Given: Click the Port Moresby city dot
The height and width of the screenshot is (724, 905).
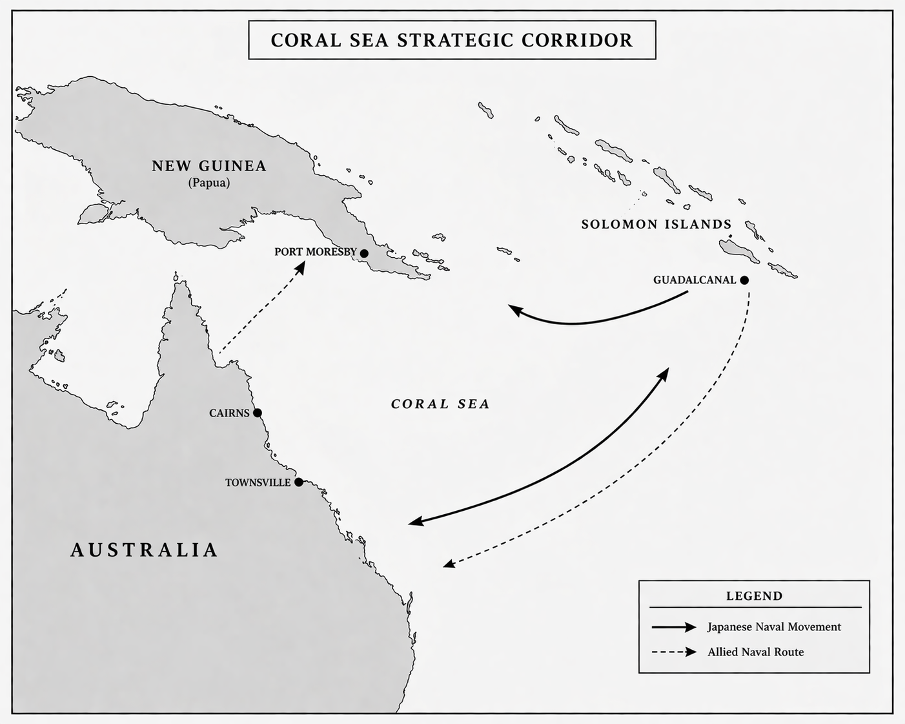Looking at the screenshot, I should [x=364, y=253].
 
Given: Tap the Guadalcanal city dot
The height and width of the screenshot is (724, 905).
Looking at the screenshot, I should [x=744, y=280].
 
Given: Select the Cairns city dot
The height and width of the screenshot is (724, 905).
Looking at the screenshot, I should [x=257, y=413].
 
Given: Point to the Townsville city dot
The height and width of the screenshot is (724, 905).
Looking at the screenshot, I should [x=298, y=482].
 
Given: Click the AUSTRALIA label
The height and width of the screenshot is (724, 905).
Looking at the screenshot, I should [x=144, y=550].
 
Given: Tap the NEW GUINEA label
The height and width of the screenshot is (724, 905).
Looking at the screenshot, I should [x=209, y=166].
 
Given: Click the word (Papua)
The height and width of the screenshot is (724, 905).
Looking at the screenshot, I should [x=209, y=183].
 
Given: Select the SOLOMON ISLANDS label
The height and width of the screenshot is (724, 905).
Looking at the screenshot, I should [x=656, y=224].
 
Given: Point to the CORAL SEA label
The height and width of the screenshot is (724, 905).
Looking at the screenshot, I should [x=440, y=404].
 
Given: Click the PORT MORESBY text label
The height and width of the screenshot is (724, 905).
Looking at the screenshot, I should [x=315, y=252].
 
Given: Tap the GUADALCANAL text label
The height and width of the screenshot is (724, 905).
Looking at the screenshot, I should [x=694, y=280].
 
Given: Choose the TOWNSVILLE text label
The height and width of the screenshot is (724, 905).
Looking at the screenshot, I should [x=258, y=482].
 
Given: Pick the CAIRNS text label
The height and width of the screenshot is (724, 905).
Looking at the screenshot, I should [x=229, y=413].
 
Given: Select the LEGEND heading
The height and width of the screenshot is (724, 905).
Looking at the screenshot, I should [x=754, y=596].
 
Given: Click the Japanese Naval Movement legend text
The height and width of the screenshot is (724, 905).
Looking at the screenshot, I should [x=774, y=627].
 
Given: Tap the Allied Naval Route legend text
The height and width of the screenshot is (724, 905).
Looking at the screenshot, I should [x=755, y=652].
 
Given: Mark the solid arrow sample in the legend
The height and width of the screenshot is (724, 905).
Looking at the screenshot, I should [x=674, y=627].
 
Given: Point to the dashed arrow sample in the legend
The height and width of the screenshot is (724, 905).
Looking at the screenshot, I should [x=674, y=652].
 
